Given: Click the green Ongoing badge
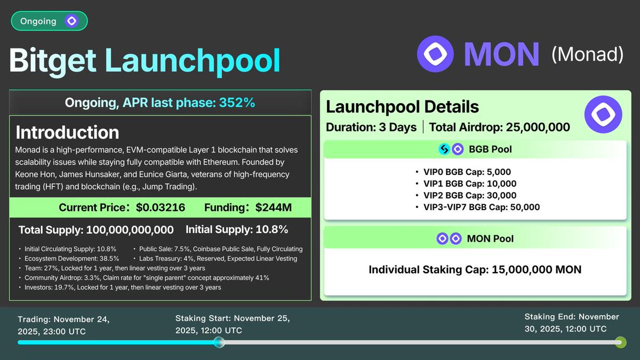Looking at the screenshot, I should [49, 21].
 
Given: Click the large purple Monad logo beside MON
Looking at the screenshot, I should [435, 54].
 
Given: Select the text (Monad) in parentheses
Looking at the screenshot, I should [587, 54].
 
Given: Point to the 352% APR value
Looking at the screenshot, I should [237, 102].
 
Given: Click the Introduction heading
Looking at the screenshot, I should [67, 132].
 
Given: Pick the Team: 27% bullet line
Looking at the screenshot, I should [115, 268].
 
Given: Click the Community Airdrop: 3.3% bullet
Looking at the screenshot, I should [147, 277].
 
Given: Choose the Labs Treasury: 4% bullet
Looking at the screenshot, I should [218, 258].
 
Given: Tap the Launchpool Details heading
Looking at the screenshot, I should [402, 107].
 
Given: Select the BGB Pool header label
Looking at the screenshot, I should [490, 149].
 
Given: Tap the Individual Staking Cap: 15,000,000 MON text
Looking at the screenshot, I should [475, 270].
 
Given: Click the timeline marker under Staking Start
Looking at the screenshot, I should [219, 342].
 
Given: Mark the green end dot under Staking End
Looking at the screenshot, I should [619, 342].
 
